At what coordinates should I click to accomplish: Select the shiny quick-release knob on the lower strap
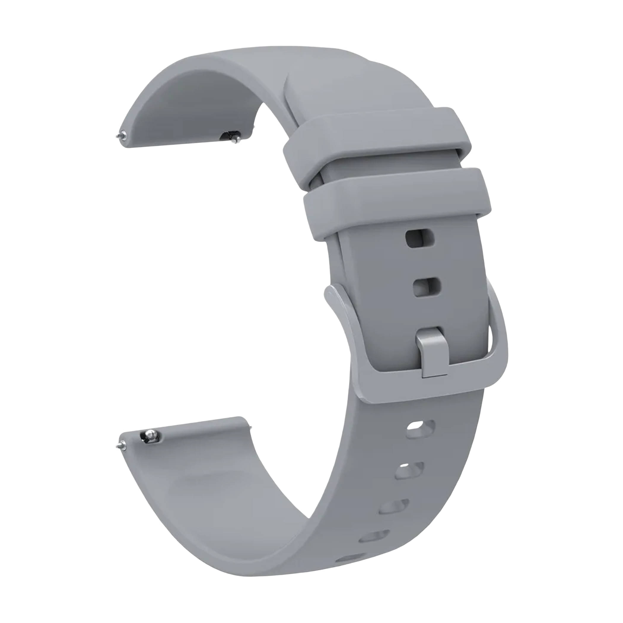[x=149, y=435]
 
